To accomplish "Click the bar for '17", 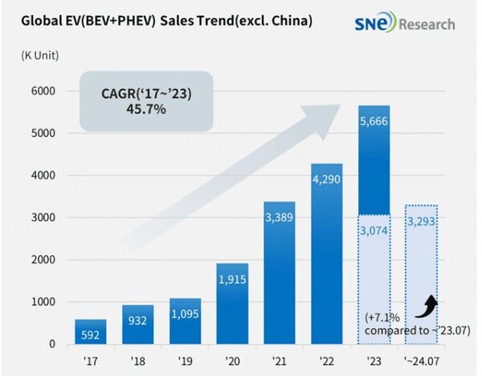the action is (x=91, y=332).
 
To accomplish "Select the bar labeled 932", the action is (x=137, y=325).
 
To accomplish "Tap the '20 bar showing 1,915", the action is (x=232, y=304).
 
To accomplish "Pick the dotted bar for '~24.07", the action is (x=422, y=274).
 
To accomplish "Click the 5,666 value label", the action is (x=374, y=121).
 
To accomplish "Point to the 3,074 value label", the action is (x=374, y=231).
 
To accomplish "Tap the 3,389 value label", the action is (x=280, y=217).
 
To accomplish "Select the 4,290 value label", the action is (x=326, y=179).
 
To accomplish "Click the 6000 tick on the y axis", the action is (x=43, y=91).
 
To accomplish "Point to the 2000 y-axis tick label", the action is (x=43, y=260).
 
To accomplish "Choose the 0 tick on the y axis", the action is (x=52, y=344).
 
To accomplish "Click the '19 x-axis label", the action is (x=185, y=361).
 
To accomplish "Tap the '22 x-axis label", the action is (x=326, y=361).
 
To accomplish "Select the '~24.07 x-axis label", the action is (x=422, y=361).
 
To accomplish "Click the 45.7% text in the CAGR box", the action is (x=146, y=109).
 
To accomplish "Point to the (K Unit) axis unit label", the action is (x=40, y=55).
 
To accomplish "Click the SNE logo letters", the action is (x=370, y=24).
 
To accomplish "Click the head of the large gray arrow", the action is (x=324, y=119).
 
